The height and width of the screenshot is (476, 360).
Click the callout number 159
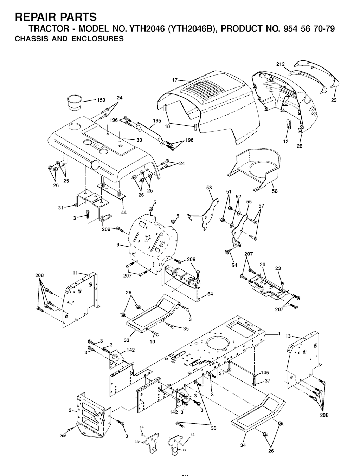click(x=101, y=100)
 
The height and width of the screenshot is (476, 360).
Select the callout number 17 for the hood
click(x=175, y=80)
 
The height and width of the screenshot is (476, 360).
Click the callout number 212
click(x=281, y=64)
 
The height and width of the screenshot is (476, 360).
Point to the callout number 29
click(x=334, y=100)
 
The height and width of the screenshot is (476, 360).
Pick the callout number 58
click(x=275, y=191)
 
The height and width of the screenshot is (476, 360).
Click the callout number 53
click(x=209, y=188)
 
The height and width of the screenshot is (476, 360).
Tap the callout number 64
click(x=210, y=294)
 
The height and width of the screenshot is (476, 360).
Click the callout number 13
click(x=288, y=336)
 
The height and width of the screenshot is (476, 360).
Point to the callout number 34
click(x=243, y=445)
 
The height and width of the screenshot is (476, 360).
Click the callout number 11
click(x=75, y=272)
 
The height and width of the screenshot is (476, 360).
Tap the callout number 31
click(x=61, y=208)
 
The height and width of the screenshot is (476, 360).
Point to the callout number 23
click(x=278, y=268)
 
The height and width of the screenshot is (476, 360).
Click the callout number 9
click(x=118, y=245)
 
